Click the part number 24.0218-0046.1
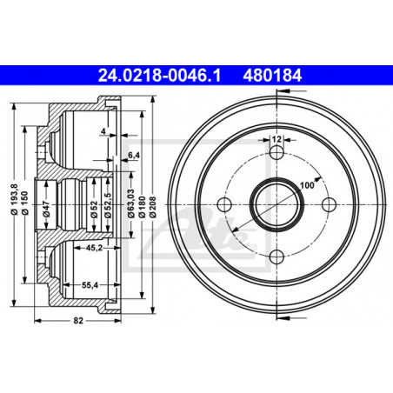[x=159, y=76]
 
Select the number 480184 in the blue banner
[x=272, y=76]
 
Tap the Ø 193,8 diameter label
[x=15, y=199]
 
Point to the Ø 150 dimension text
[x=25, y=203]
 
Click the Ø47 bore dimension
[x=47, y=209]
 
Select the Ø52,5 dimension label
[x=108, y=205]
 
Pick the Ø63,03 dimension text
[x=131, y=203]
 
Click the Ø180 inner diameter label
[x=142, y=207]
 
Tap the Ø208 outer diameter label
[x=153, y=207]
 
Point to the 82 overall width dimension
[x=78, y=320]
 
